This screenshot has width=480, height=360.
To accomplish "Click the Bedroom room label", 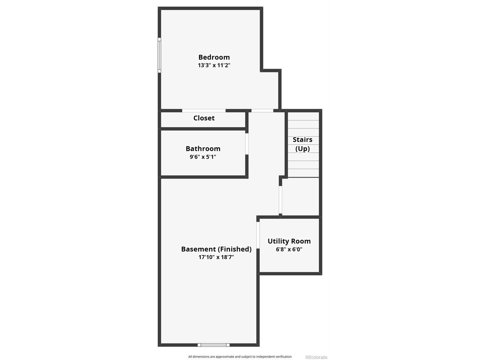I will pyautogui.click(x=214, y=57).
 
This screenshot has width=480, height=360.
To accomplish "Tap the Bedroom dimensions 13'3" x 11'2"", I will pyautogui.click(x=214, y=65).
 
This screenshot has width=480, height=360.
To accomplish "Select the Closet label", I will pyautogui.click(x=204, y=118).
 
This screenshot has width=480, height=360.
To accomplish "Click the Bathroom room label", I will pyautogui.click(x=203, y=149).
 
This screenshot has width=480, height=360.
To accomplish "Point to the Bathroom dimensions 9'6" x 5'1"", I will pyautogui.click(x=203, y=157).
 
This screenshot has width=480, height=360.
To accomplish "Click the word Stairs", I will pyautogui.click(x=302, y=140).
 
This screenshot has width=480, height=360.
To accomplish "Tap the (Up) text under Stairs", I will pyautogui.click(x=302, y=149).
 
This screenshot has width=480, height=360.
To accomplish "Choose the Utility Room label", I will pyautogui.click(x=289, y=241).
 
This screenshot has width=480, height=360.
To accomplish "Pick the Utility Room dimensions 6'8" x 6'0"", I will pyautogui.click(x=289, y=249).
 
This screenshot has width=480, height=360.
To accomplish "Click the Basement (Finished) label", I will pyautogui.click(x=216, y=249).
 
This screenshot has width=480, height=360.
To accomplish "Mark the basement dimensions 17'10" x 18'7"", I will pyautogui.click(x=216, y=257).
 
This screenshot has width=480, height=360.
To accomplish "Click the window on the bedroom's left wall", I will pyautogui.click(x=159, y=55).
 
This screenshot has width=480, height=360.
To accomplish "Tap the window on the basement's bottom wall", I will pyautogui.click(x=213, y=345).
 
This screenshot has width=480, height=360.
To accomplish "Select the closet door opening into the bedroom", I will pyautogui.click(x=204, y=111).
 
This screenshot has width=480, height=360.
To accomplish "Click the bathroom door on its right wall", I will pyautogui.click(x=247, y=144).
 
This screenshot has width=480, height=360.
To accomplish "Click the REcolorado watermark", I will pyautogui.click(x=316, y=357).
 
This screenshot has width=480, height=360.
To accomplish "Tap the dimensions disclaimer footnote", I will pyautogui.click(x=240, y=357).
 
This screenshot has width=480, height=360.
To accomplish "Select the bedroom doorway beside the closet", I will pyautogui.click(x=262, y=111).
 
